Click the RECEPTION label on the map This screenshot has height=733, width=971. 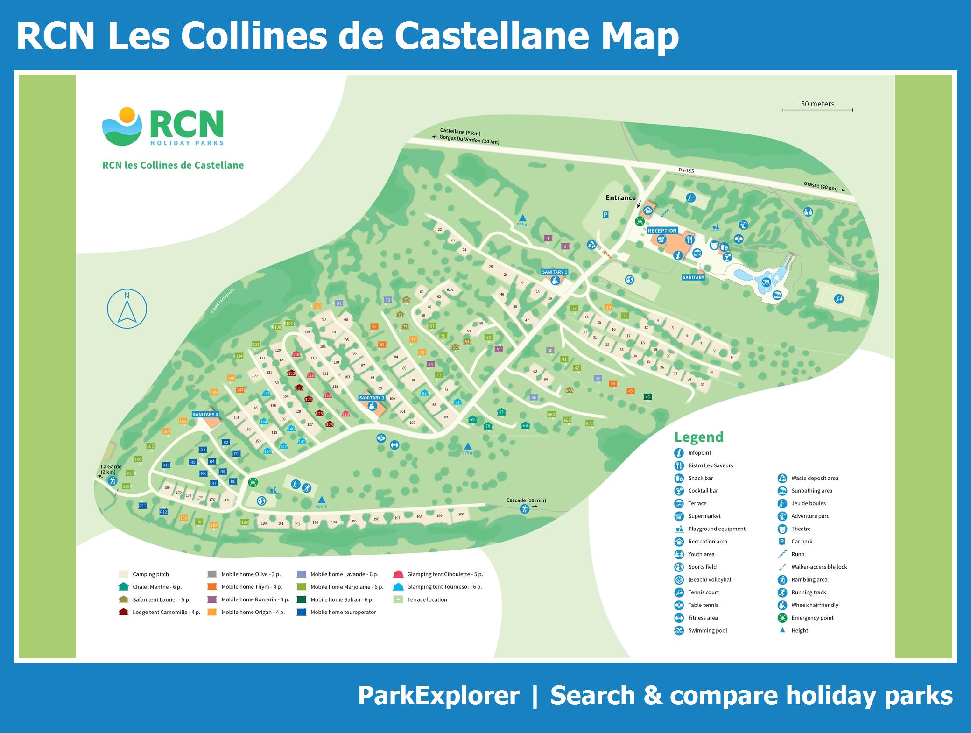click(662, 231)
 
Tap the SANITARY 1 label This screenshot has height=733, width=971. click(554, 272)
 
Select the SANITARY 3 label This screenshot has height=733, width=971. click(205, 415)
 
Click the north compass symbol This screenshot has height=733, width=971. click(127, 309)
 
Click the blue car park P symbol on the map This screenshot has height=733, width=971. click(605, 215)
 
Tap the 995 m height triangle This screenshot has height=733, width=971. click(523, 218)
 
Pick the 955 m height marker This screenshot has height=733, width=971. click(321, 500)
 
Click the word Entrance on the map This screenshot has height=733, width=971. click(620, 198)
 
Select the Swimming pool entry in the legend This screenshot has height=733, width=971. click(707, 630)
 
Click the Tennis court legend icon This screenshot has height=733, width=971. click(679, 592)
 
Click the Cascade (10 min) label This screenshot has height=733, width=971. click(526, 500)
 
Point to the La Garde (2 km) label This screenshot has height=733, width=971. click(111, 469)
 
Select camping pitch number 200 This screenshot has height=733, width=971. click(461, 514)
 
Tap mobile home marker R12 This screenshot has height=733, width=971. click(163, 512)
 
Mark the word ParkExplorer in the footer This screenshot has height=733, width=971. click(438, 696)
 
